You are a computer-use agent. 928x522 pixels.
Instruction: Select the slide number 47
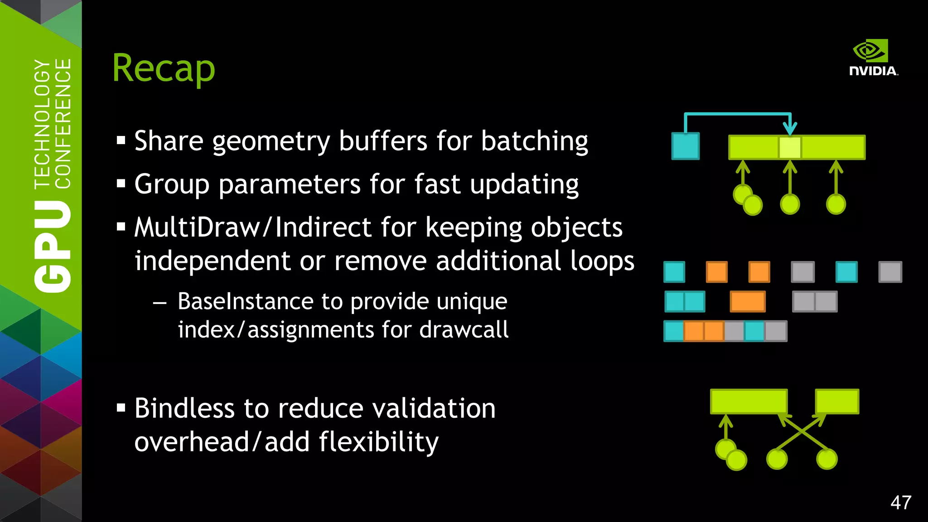pyautogui.click(x=900, y=503)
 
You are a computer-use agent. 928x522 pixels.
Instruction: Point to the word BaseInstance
pyautogui.click(x=245, y=301)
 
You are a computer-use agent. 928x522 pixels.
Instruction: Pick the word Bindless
pyautogui.click(x=184, y=408)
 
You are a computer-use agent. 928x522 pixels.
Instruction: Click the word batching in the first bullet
pyautogui.click(x=534, y=141)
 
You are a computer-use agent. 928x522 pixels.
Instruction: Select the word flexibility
pyautogui.click(x=378, y=442)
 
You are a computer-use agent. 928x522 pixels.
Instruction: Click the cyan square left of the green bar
pyautogui.click(x=685, y=146)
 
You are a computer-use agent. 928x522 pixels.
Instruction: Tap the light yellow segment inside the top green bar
pyautogui.click(x=790, y=147)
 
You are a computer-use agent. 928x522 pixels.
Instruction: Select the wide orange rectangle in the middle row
pyautogui.click(x=748, y=302)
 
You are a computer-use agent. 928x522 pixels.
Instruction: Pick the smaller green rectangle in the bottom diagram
pyautogui.click(x=837, y=401)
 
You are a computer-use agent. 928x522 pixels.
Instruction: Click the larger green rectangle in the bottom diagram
pyautogui.click(x=749, y=401)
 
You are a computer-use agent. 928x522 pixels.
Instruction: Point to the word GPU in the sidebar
pyautogui.click(x=53, y=246)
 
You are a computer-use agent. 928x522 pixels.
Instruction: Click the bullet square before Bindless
pyautogui.click(x=121, y=408)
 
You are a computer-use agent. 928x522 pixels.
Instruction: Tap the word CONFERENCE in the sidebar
pyautogui.click(x=63, y=123)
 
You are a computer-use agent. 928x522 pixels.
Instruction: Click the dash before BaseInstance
pyautogui.click(x=159, y=303)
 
